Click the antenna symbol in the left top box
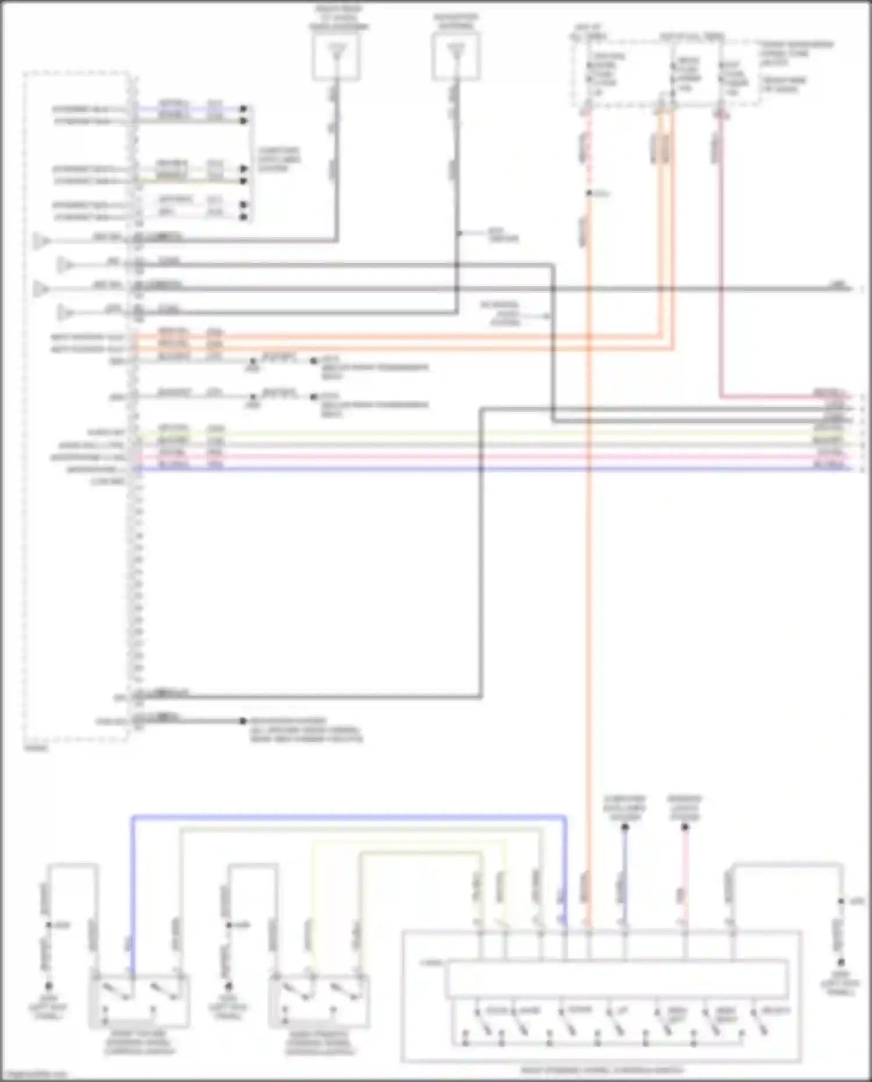click(336, 52)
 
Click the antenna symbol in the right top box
click(456, 52)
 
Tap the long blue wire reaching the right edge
click(494, 469)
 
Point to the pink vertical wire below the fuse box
click(721, 256)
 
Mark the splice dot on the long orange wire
click(588, 193)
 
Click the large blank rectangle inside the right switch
click(616, 980)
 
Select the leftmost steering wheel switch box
click(139, 1000)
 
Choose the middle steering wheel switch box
click(319, 1000)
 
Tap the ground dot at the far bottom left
click(49, 986)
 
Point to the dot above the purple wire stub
click(625, 827)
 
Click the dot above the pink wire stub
click(685, 827)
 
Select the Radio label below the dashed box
click(36, 748)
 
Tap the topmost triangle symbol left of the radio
click(41, 240)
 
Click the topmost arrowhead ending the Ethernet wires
click(244, 109)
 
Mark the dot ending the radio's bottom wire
click(243, 721)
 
